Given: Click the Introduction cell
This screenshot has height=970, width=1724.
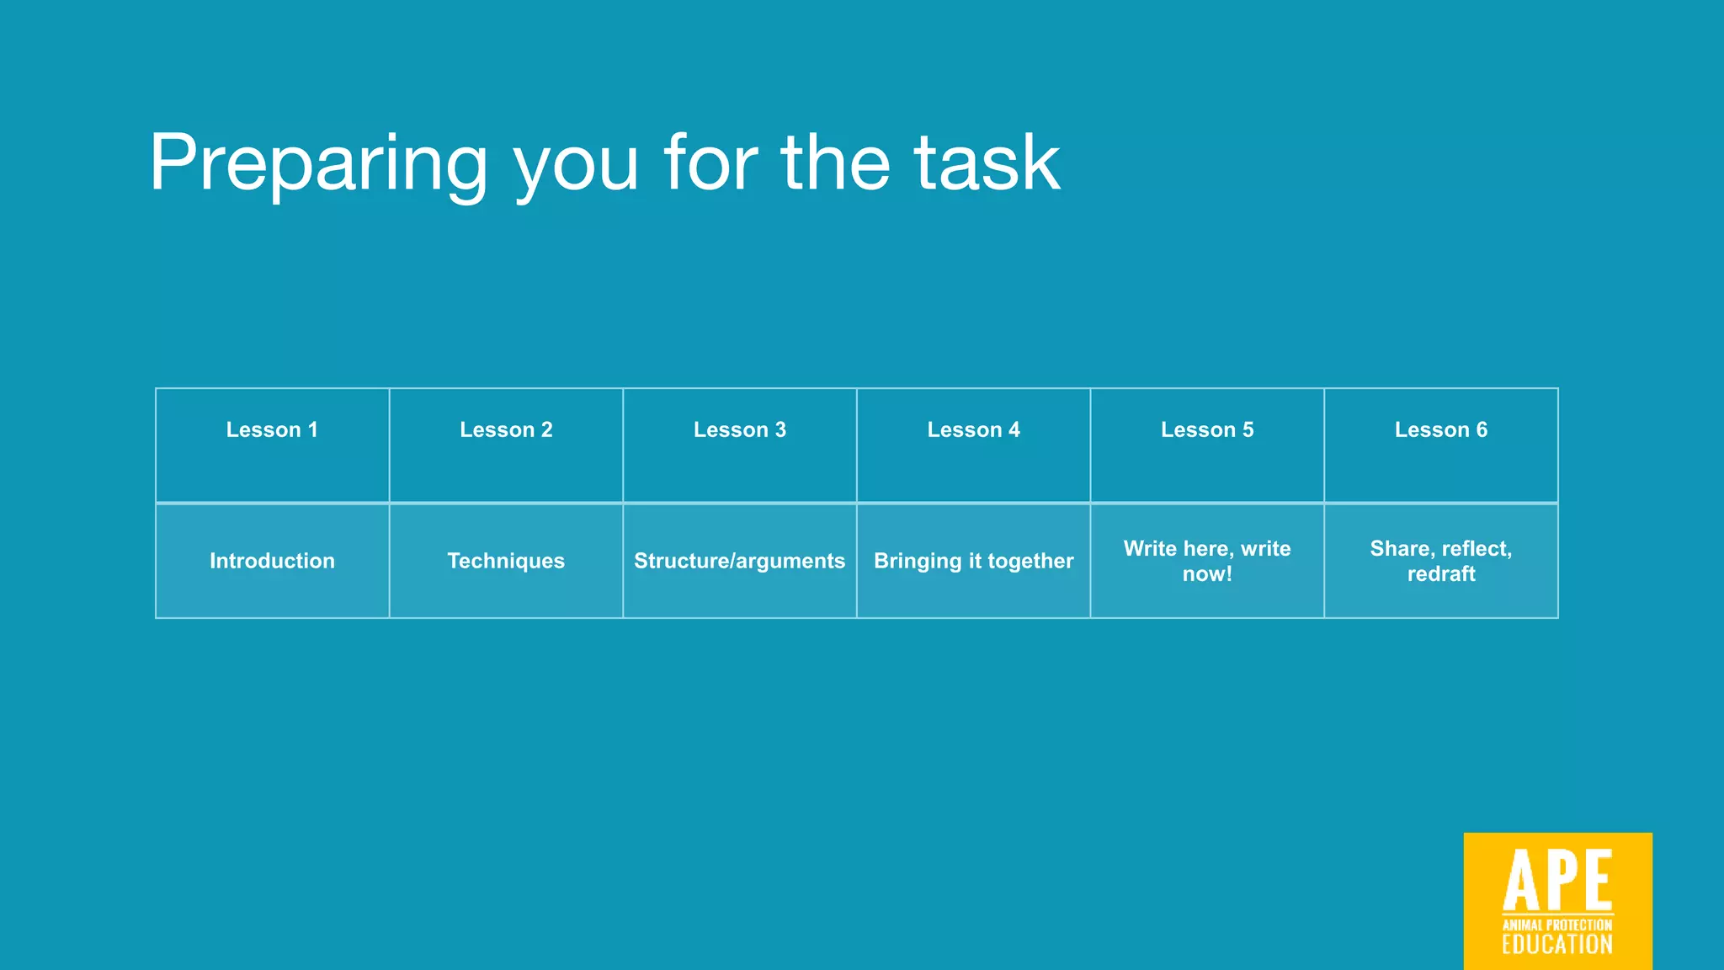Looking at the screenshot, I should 272,561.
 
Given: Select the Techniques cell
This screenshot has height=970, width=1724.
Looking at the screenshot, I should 506,561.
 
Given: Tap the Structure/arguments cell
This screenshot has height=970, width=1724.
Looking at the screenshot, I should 740,561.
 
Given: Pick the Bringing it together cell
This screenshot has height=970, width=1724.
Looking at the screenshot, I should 973,561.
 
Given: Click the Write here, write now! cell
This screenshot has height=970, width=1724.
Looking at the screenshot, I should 1207,561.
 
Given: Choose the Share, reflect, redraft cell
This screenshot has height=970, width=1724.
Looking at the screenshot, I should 1441,561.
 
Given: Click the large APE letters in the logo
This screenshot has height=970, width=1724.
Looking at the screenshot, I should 1557,879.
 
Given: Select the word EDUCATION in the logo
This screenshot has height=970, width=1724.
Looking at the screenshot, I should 1557,945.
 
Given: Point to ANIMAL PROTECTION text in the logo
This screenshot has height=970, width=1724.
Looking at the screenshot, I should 1557,925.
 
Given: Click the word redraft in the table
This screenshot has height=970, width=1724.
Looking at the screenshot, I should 1441,574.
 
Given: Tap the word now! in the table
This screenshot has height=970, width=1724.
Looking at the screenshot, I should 1207,574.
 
